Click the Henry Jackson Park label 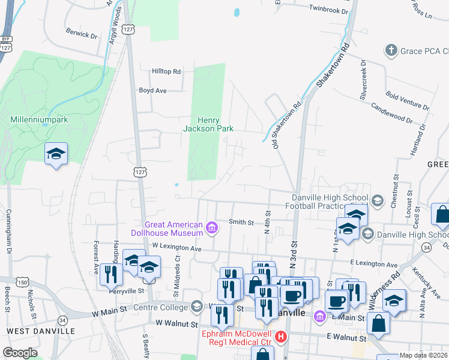tap(208, 124)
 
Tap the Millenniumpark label tap(39, 119)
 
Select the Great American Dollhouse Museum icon tap(211, 227)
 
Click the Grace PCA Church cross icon tap(391, 50)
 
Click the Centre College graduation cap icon tap(196, 307)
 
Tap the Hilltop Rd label tap(166, 71)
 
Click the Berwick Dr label tap(81, 35)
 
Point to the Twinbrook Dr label tap(328, 10)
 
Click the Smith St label tap(241, 222)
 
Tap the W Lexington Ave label tap(176, 247)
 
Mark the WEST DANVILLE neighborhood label tap(41, 331)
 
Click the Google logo tap(20, 353)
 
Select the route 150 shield tap(22, 283)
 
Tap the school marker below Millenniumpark tap(56, 154)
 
